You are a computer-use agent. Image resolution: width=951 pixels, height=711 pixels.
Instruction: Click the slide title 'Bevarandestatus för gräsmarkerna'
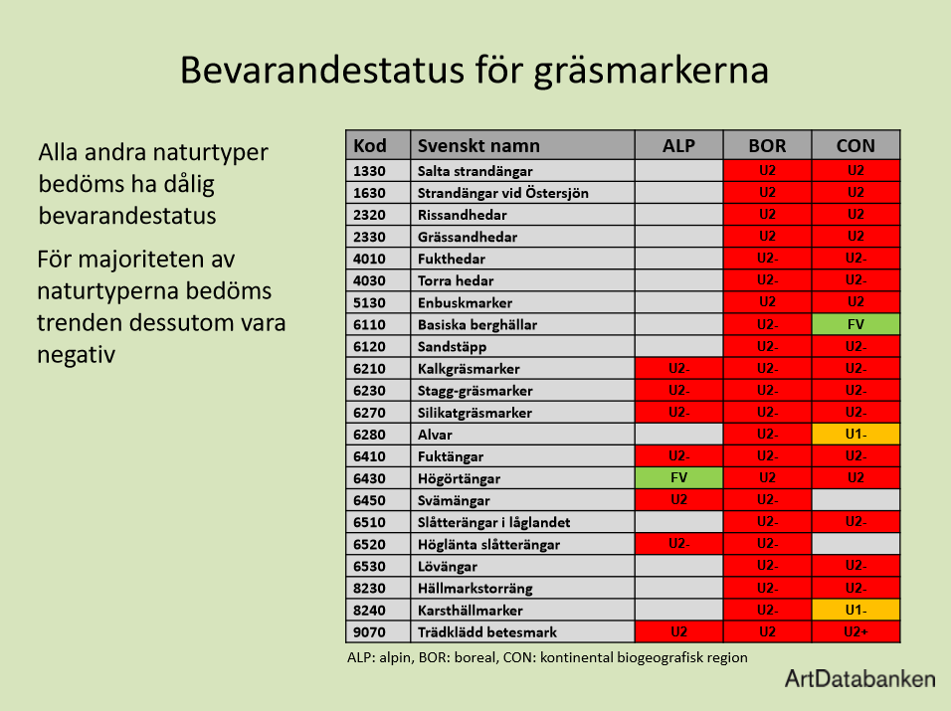474,72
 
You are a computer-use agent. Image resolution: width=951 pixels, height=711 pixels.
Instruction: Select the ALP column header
678,145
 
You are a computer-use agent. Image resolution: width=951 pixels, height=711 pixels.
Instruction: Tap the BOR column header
767,145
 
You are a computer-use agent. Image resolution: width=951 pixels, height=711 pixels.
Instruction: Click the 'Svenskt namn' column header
478,145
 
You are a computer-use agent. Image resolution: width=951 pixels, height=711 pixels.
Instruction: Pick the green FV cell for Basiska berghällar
856,324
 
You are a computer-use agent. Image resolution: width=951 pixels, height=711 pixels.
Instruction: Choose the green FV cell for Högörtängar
678,477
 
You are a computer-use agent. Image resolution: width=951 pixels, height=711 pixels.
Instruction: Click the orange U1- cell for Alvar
856,434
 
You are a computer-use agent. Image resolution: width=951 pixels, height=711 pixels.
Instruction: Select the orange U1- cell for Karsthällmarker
856,609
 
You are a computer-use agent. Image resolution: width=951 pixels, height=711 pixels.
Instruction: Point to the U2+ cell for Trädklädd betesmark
856,631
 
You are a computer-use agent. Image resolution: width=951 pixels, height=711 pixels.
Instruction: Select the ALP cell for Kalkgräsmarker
678,368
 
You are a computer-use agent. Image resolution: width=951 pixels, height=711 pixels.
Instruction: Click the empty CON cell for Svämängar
856,499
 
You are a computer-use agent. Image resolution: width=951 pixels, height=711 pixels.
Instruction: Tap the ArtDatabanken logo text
859,679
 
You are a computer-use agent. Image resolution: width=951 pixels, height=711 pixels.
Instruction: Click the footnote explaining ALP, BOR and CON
546,657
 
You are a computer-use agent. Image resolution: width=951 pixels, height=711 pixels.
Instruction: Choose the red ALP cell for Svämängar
678,499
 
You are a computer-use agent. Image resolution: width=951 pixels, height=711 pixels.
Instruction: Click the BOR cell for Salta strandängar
767,171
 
